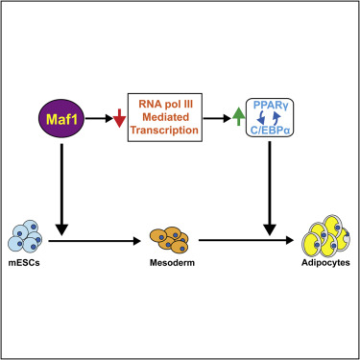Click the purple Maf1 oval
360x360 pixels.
point(64,119)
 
